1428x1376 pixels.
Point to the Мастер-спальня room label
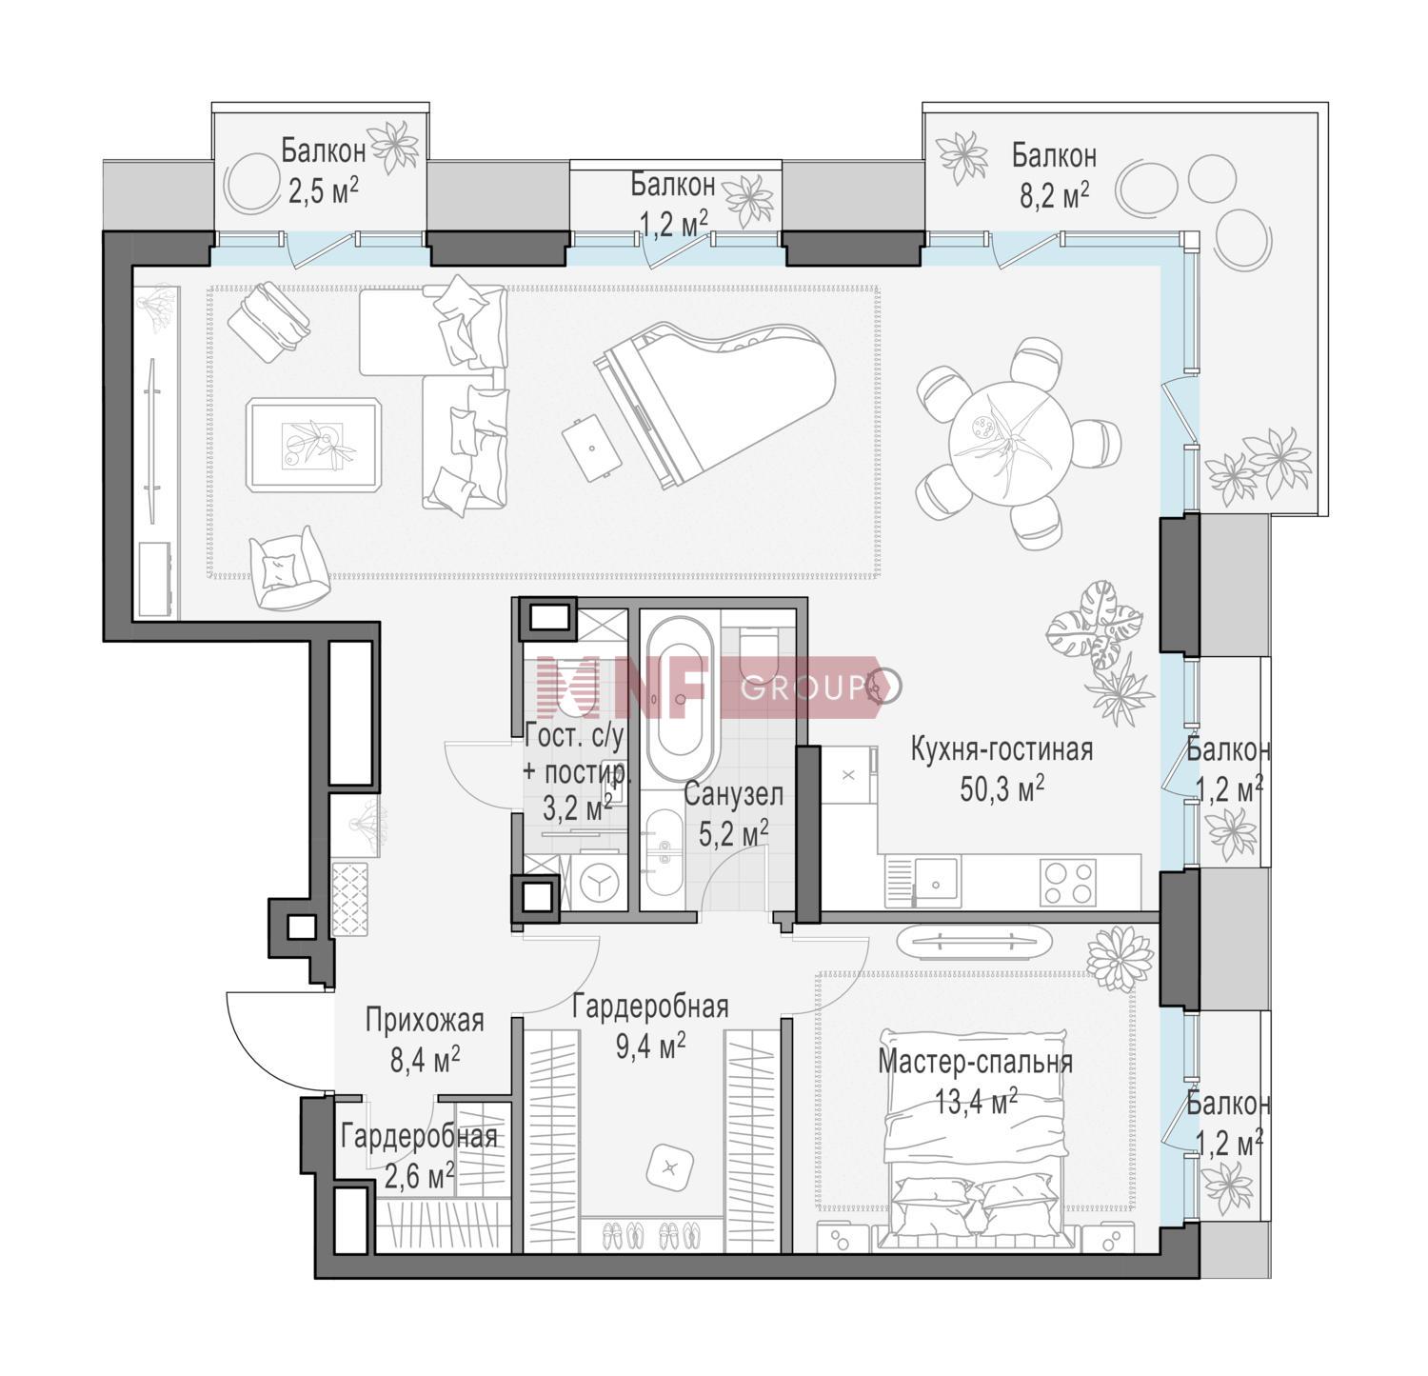click(x=975, y=1062)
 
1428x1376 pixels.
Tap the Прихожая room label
click(x=425, y=1021)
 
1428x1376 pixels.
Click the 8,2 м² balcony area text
click(x=1055, y=194)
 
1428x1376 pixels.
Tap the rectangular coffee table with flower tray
click(x=315, y=445)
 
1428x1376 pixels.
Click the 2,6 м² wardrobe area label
click(x=418, y=1177)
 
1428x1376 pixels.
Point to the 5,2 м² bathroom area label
click(x=734, y=834)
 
